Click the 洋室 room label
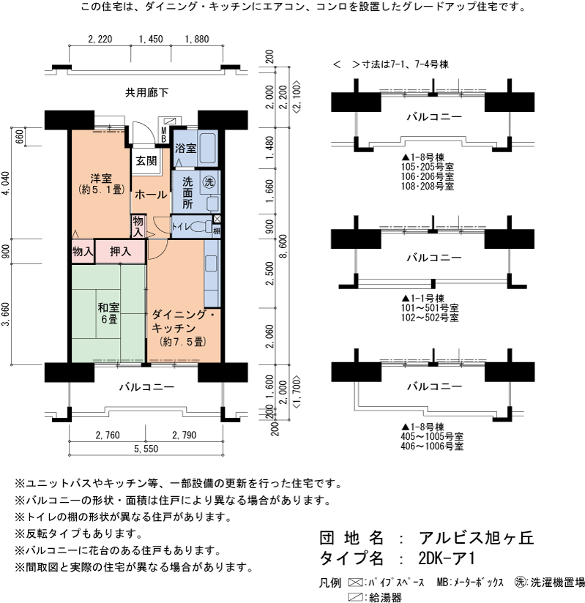click(101, 179)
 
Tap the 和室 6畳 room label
click(109, 314)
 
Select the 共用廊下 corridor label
click(146, 92)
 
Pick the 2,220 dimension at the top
click(99, 40)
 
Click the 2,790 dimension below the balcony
click(184, 435)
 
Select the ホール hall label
click(151, 195)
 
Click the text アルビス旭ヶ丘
click(477, 538)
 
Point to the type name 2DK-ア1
click(447, 559)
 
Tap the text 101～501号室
click(430, 308)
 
